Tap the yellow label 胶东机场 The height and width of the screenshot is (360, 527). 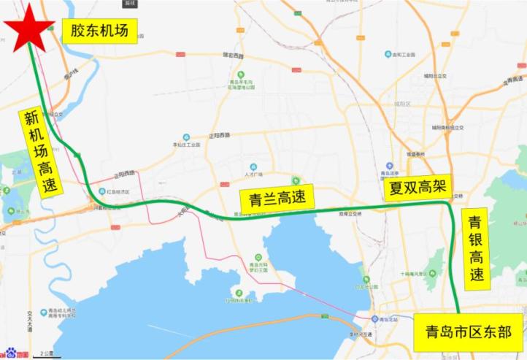[x=99, y=31]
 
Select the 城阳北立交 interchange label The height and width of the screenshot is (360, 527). [x=434, y=75]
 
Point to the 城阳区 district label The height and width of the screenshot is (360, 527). [x=402, y=104]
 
